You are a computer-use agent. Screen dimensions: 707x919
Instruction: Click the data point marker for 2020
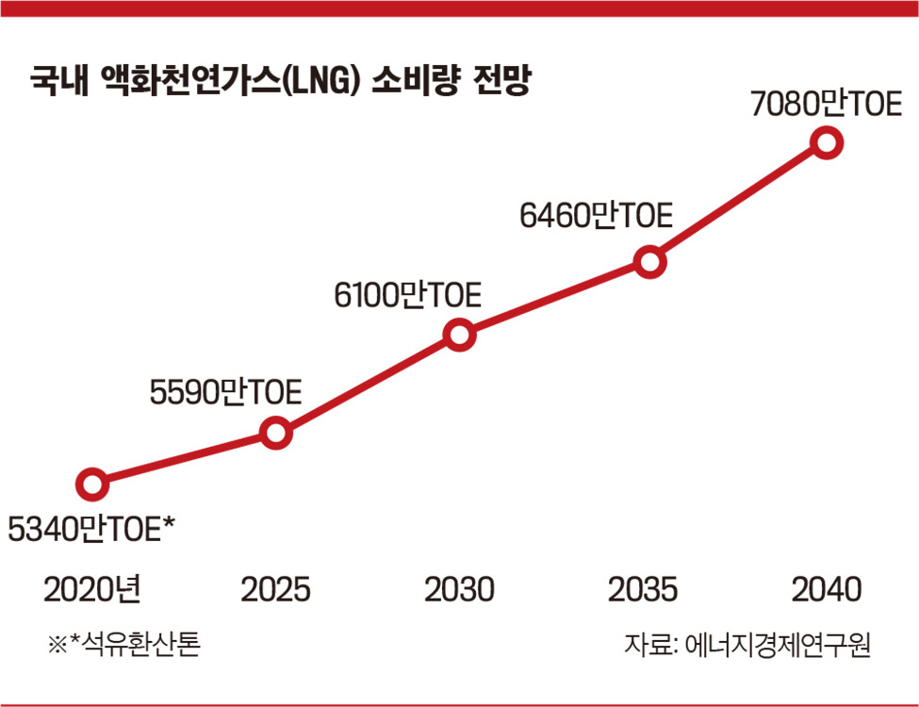[91, 485]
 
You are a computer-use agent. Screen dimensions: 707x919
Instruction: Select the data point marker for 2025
[275, 434]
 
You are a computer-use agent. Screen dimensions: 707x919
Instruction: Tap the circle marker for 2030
[459, 335]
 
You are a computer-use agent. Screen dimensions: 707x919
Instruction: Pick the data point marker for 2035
[649, 262]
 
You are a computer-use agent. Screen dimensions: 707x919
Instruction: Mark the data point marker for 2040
[827, 143]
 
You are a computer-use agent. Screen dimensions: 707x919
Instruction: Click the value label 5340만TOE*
[92, 531]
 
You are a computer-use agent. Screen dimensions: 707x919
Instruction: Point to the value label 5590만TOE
[225, 390]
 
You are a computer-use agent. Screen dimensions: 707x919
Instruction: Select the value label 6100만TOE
[408, 296]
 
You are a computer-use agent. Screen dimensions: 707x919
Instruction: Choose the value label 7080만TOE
[827, 104]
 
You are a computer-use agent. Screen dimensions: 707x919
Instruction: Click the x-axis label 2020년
[92, 590]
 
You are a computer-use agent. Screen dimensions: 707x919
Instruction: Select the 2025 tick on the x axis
[275, 590]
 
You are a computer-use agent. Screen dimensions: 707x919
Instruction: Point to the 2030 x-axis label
[459, 590]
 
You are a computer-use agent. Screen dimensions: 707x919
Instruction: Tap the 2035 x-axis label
[643, 590]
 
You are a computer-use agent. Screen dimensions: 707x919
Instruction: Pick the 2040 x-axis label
[827, 590]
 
